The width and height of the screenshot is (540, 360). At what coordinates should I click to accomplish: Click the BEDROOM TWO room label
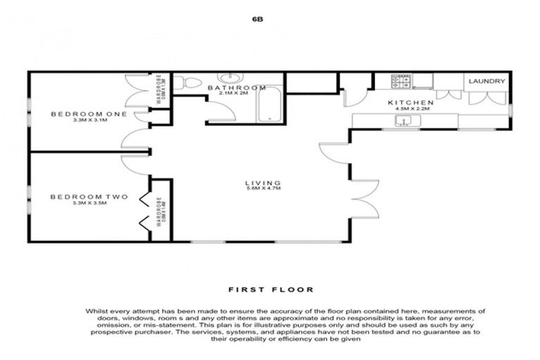click(x=79, y=197)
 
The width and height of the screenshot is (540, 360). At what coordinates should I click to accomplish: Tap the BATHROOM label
click(x=237, y=88)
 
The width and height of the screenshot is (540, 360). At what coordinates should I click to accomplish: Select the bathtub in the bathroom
click(x=269, y=105)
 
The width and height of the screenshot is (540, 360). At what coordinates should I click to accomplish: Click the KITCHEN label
click(x=411, y=103)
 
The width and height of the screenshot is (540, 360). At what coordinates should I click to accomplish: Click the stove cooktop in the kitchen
click(x=403, y=82)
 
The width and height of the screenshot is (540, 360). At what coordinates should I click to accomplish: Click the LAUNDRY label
click(x=487, y=82)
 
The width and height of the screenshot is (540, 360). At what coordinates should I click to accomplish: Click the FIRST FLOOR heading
click(x=271, y=289)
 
